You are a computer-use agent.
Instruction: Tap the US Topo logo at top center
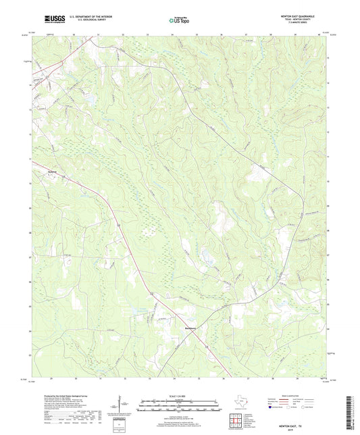180,21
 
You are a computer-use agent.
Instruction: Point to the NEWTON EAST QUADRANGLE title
305,17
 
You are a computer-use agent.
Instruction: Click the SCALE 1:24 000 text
180,396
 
